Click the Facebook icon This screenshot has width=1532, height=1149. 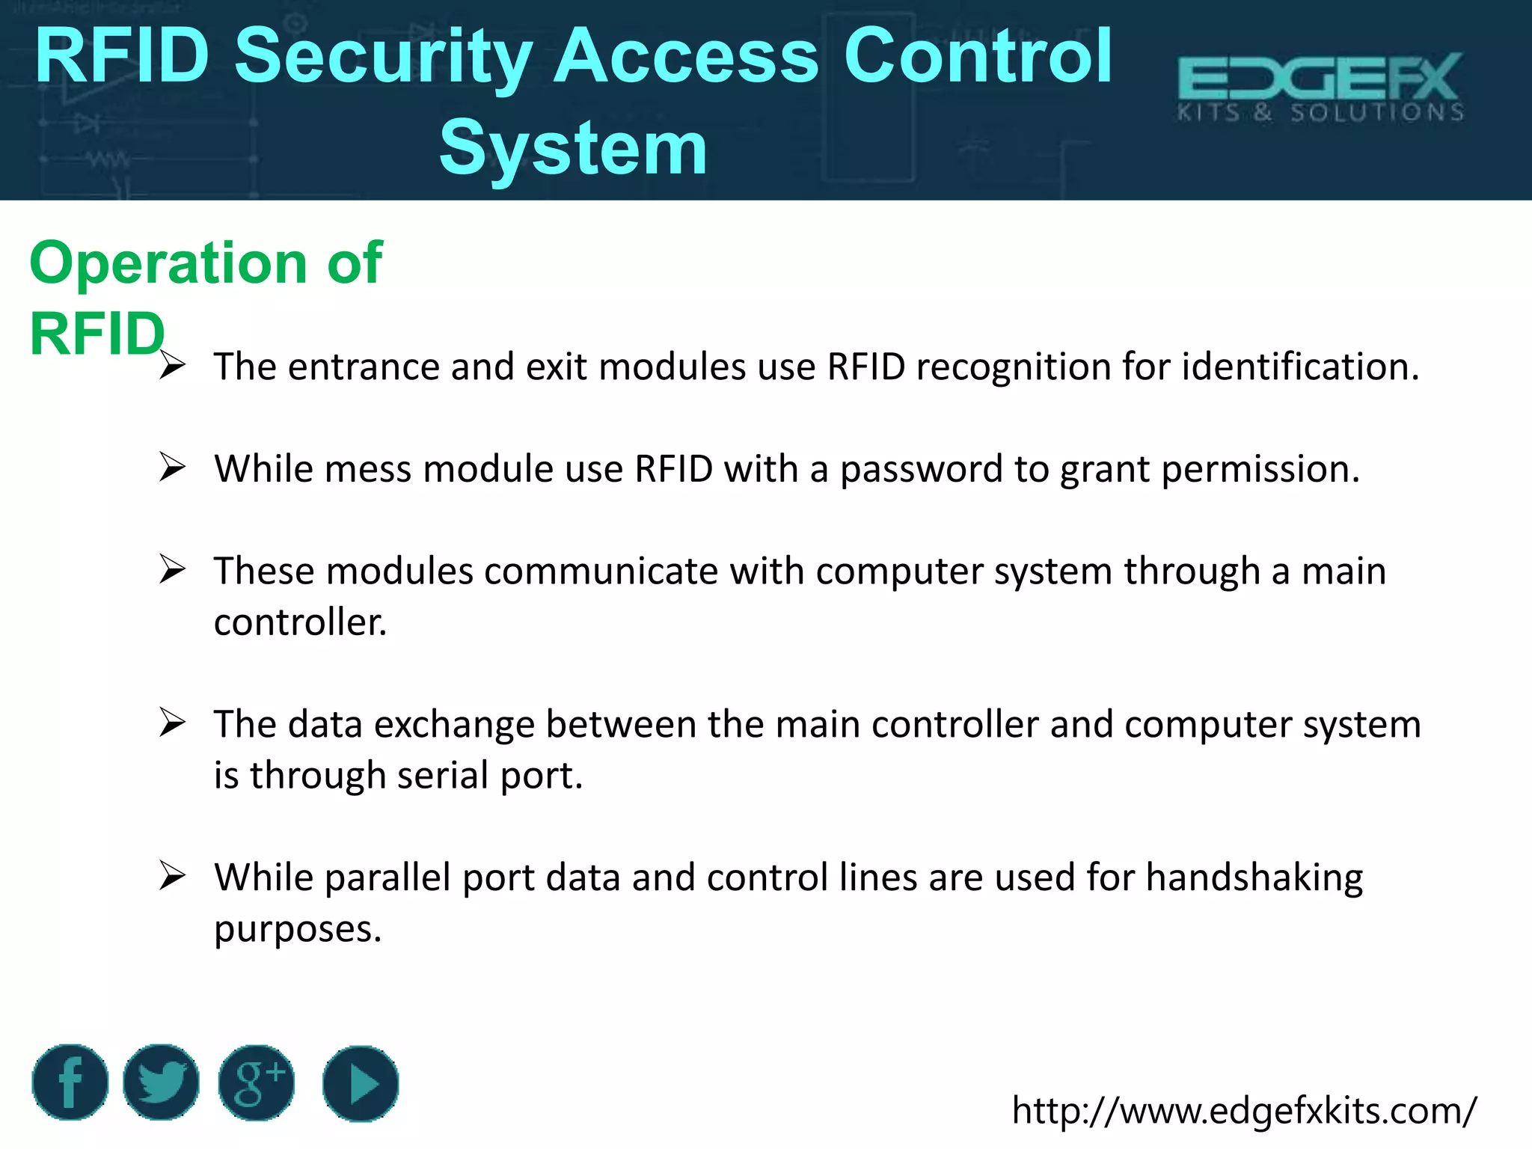coord(70,1082)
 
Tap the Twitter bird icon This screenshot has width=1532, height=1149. coord(161,1082)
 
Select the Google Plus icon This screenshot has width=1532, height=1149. coord(257,1082)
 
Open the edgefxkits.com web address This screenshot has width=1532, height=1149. coord(1244,1110)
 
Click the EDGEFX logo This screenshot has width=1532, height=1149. coord(1320,87)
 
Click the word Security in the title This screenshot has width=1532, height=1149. coord(383,56)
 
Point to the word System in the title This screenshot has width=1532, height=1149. coord(573,148)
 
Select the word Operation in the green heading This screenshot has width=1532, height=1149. coord(168,263)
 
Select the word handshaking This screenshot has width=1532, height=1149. coord(1254,878)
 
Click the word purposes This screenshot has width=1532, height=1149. coord(298,930)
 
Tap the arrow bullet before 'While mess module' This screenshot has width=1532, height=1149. coord(172,468)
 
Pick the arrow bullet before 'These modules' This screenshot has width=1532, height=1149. coord(172,570)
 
